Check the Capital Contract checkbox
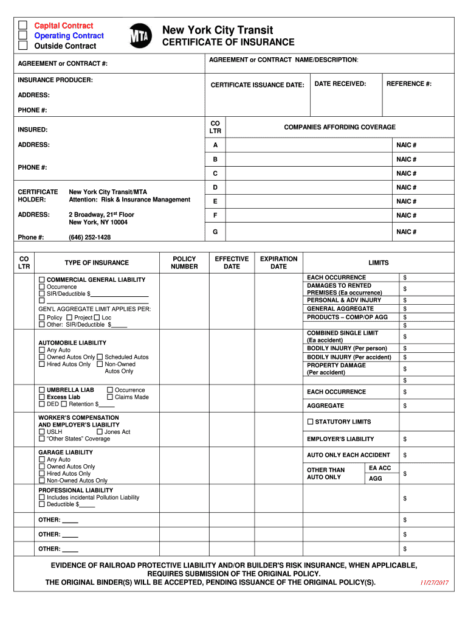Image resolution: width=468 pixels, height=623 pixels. point(22,26)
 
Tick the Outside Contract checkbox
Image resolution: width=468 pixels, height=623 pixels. point(22,46)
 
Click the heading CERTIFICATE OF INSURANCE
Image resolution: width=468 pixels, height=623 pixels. point(228,43)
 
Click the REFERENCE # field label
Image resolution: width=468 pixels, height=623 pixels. point(409,84)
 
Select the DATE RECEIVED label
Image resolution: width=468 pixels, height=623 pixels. point(340,84)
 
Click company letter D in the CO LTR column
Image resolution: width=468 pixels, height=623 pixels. point(215,187)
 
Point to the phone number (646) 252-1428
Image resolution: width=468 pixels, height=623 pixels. point(89,237)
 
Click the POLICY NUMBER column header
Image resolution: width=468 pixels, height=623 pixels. point(184,263)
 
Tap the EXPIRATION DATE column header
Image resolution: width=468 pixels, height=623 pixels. point(278,263)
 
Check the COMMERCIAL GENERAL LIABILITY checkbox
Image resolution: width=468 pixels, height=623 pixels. point(42,280)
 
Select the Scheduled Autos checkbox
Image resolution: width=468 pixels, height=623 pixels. point(100,357)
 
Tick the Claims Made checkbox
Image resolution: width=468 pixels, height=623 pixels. point(110,397)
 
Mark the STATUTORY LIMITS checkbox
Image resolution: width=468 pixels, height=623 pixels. point(310,422)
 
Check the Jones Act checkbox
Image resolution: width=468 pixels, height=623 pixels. point(100,432)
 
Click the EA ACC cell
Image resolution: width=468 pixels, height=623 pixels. point(380,468)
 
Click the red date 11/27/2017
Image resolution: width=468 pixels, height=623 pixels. point(434,582)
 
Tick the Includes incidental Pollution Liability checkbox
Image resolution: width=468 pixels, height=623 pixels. point(42,497)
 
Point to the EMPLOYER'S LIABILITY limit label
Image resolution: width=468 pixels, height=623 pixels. point(340,439)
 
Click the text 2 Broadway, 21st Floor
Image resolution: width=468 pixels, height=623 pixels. point(102,215)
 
